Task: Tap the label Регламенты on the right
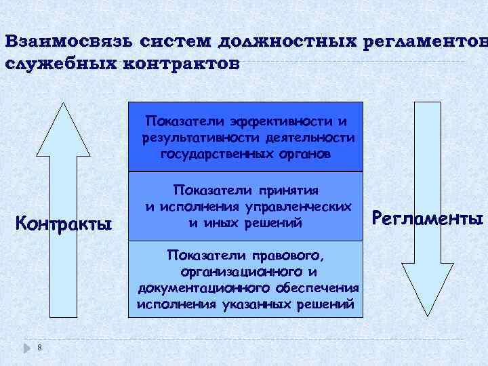click(x=429, y=218)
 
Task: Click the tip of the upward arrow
click(x=63, y=104)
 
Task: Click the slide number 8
click(x=40, y=348)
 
